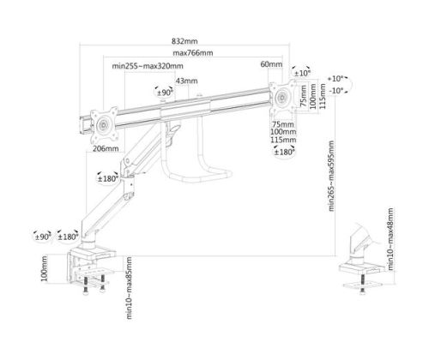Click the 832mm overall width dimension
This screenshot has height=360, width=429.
point(184,41)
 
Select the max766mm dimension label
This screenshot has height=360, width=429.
point(193,53)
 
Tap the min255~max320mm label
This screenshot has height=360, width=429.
point(148,66)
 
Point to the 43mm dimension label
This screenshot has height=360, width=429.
point(186,81)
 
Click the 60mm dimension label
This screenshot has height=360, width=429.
point(271,64)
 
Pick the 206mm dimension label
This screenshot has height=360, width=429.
point(106,148)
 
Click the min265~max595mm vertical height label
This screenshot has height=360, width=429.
point(331,176)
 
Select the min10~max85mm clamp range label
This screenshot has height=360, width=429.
point(129,288)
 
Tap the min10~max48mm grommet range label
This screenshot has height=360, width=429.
point(390,239)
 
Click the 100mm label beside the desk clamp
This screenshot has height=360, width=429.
point(45,268)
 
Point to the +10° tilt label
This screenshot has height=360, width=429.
point(337,78)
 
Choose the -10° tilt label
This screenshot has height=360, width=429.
point(337,91)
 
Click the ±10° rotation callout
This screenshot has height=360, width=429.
point(302,73)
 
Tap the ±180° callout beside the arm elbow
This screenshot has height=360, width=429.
point(108,179)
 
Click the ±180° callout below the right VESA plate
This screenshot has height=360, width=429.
point(284,152)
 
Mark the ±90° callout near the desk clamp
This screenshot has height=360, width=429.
point(43,237)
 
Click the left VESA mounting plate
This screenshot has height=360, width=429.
point(103,124)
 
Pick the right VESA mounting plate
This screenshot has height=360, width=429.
point(282,97)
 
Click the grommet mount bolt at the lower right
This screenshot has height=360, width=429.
point(363,285)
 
